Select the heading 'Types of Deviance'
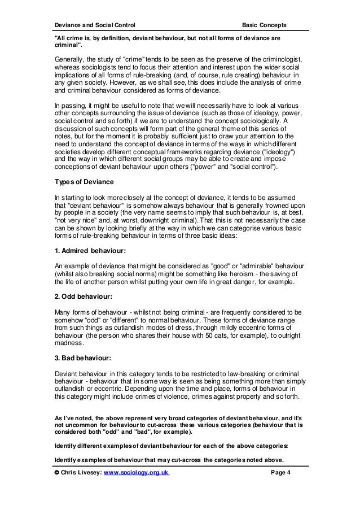click(x=84, y=181)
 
